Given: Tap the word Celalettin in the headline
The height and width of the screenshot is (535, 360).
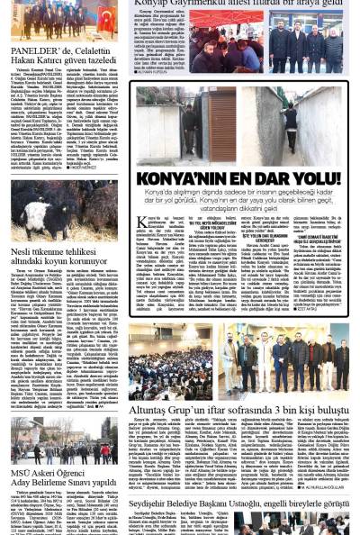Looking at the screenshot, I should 94,51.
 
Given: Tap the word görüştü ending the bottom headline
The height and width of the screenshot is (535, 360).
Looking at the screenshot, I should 334,503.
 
